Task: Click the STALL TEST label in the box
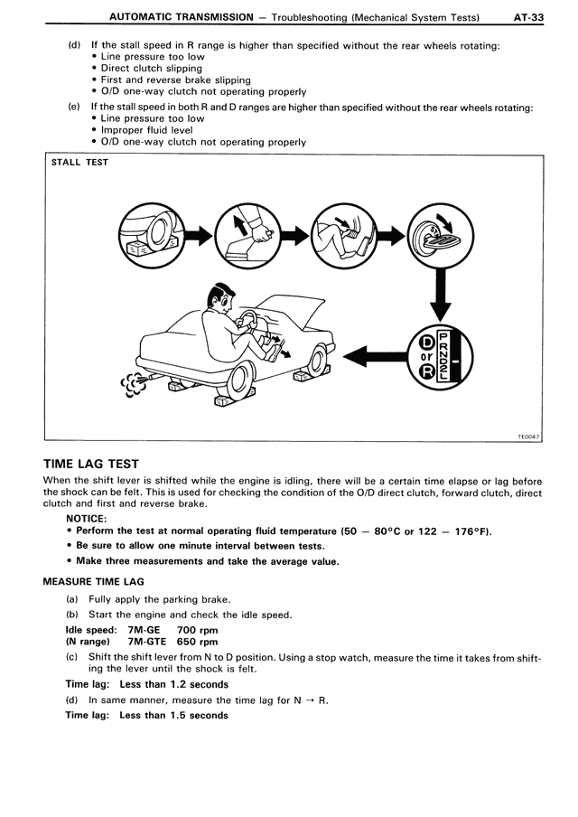point(79,163)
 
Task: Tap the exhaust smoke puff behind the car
point(133,384)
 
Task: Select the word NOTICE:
point(87,519)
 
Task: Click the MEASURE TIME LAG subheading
point(94,582)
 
